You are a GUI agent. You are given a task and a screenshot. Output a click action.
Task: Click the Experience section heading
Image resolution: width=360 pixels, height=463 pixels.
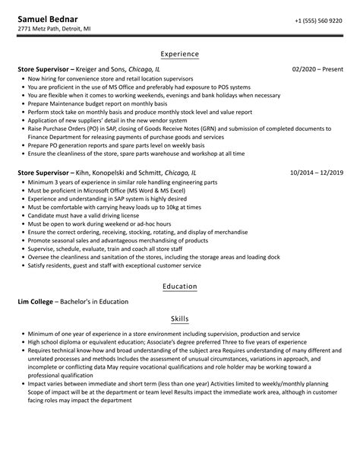pyautogui.click(x=180, y=55)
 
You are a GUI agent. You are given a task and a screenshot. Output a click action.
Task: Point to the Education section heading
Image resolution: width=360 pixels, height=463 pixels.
pyautogui.click(x=180, y=286)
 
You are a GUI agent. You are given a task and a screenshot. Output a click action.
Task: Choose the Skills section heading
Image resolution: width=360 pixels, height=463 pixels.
pyautogui.click(x=180, y=319)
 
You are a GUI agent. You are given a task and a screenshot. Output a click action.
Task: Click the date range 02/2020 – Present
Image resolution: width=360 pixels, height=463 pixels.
pyautogui.click(x=317, y=68)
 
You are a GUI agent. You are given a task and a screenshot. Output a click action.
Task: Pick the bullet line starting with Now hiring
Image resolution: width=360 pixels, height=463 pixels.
pyautogui.click(x=110, y=78)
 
